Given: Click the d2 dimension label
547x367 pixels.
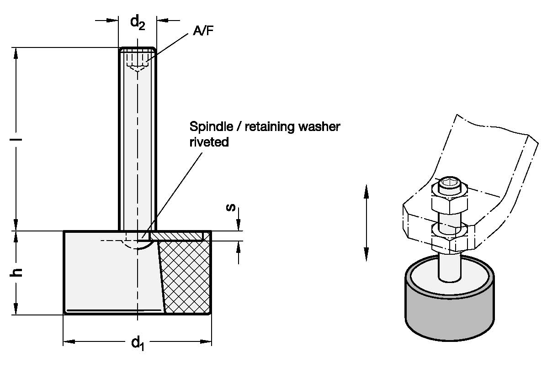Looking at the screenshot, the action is (x=138, y=23).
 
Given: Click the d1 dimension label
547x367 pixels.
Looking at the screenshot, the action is (x=138, y=343).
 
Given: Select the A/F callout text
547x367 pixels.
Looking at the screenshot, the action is (x=203, y=31).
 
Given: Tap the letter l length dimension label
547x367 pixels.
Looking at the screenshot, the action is (x=16, y=139).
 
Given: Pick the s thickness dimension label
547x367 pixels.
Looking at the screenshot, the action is (x=231, y=207).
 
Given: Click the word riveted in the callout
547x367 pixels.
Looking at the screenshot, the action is (x=209, y=142).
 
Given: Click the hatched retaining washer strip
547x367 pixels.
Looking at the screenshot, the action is (x=176, y=236).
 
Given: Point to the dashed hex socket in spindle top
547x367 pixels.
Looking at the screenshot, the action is (x=138, y=61).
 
